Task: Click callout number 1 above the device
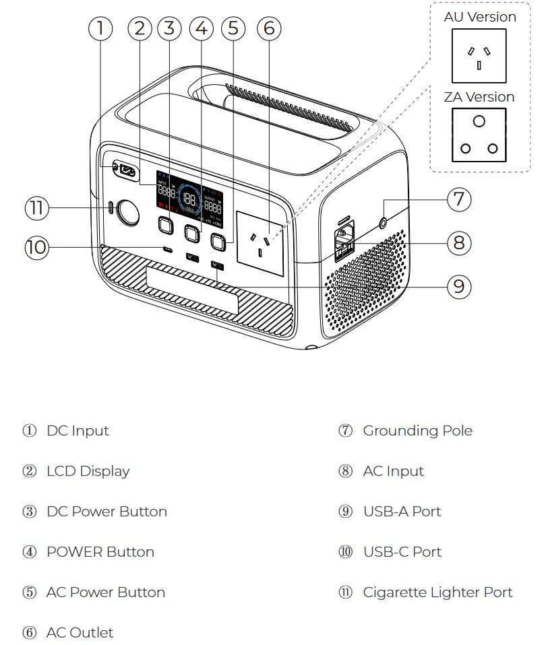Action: (x=100, y=28)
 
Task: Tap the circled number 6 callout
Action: (x=268, y=28)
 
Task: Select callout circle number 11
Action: (x=37, y=208)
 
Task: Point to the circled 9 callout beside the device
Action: (x=458, y=287)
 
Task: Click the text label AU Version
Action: (x=480, y=17)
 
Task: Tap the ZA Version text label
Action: (x=479, y=97)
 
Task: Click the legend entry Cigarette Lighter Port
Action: (x=437, y=592)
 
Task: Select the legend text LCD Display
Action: (x=88, y=471)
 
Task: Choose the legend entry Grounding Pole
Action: (x=417, y=431)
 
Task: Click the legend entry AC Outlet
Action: (x=80, y=633)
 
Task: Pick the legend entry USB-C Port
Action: (x=402, y=552)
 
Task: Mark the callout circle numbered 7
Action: (x=458, y=199)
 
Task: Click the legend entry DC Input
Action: (x=78, y=431)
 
